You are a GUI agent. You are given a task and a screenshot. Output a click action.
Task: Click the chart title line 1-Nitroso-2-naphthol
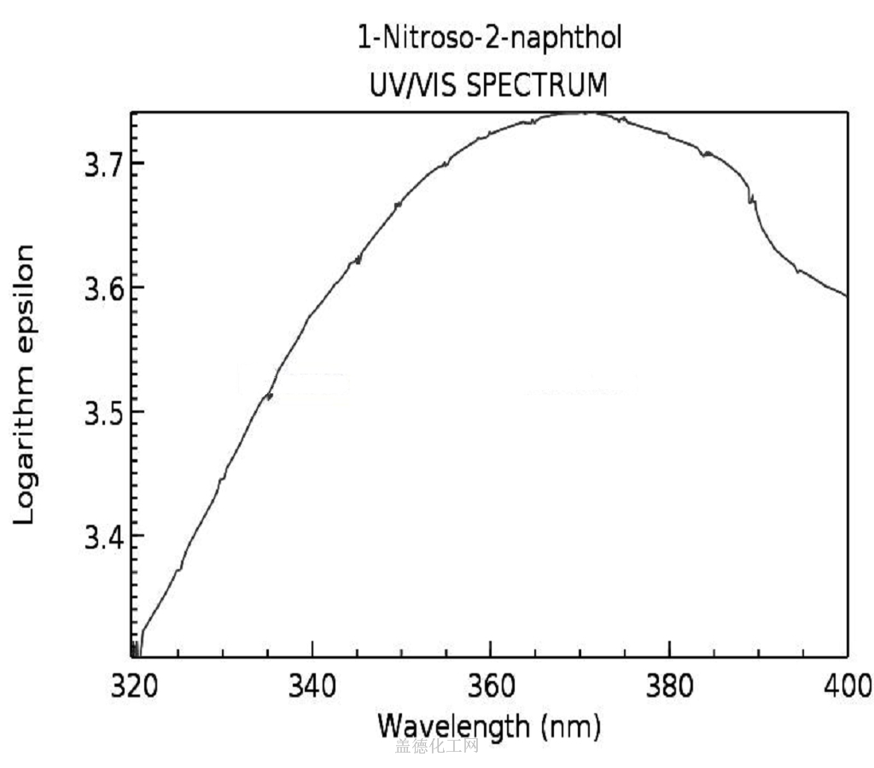[489, 39]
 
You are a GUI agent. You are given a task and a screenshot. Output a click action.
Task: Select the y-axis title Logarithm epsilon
[26, 384]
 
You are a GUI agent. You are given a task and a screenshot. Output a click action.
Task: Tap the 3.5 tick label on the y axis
[102, 412]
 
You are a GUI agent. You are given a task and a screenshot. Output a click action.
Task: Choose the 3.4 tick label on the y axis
[102, 537]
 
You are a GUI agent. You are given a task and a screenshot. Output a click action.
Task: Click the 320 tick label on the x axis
[134, 685]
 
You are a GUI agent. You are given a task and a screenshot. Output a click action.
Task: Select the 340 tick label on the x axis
[312, 685]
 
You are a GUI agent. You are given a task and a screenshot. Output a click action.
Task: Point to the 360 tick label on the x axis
[490, 685]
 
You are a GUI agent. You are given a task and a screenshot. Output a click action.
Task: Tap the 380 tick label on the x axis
[668, 685]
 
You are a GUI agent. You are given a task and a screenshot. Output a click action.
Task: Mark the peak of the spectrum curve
[582, 113]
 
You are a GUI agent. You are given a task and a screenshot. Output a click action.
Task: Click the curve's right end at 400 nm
[846, 296]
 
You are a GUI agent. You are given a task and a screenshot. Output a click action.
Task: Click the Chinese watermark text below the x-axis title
[436, 748]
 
